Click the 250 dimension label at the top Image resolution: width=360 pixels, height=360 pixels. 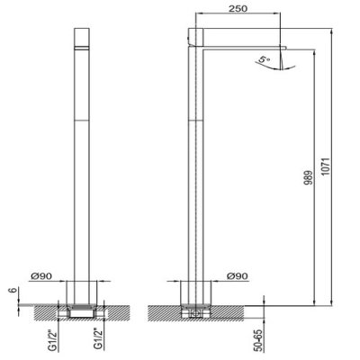tap(238, 9)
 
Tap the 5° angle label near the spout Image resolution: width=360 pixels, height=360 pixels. tap(265, 59)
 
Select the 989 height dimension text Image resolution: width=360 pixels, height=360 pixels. tap(308, 177)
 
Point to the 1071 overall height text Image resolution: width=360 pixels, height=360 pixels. tap(326, 166)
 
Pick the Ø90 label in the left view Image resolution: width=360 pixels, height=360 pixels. tap(41, 275)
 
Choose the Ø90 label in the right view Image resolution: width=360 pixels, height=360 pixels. tap(238, 275)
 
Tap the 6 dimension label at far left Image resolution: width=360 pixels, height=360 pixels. tap(13, 292)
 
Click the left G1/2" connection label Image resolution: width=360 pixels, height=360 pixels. tap(53, 339)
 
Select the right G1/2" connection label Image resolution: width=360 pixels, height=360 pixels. tap(98, 339)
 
